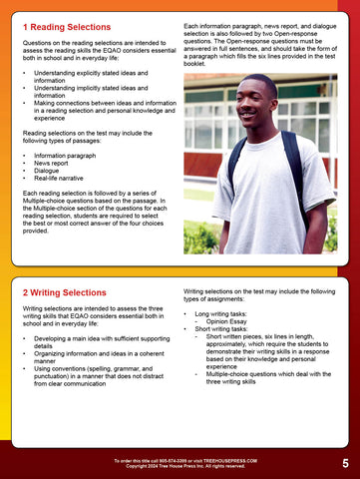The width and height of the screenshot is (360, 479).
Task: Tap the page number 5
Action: coord(344,463)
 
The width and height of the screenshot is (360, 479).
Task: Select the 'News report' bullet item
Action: coord(58,164)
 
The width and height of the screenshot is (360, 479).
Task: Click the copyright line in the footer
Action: coord(180,466)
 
